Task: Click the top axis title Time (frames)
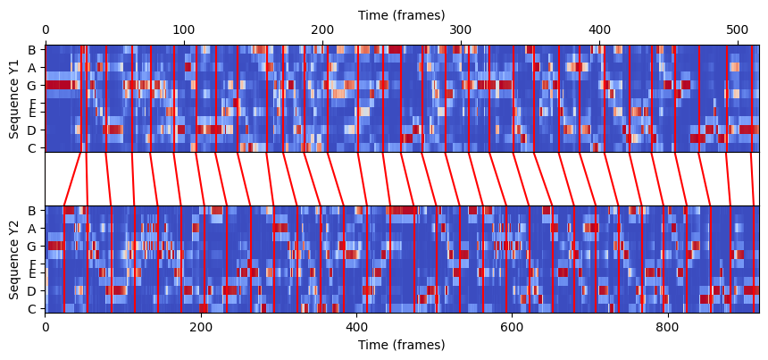click(401, 15)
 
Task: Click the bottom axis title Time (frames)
click(401, 345)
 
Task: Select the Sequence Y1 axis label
click(14, 99)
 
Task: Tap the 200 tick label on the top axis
click(322, 31)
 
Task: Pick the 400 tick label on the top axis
click(599, 31)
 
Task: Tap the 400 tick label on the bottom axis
click(356, 327)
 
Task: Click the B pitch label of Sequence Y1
click(32, 50)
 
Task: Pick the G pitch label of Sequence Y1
click(32, 86)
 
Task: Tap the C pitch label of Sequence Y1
click(32, 148)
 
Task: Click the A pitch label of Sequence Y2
click(32, 229)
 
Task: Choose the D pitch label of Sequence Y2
click(32, 291)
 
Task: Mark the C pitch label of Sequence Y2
click(32, 309)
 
